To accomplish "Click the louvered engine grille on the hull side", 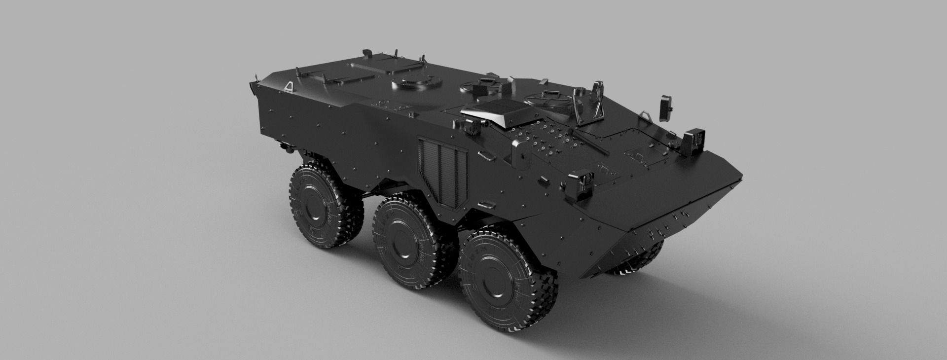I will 442,170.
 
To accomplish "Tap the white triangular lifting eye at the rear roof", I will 289,86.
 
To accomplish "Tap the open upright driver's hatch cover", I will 598,101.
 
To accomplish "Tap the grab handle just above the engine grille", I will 486,157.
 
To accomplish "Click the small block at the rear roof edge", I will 366,52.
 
